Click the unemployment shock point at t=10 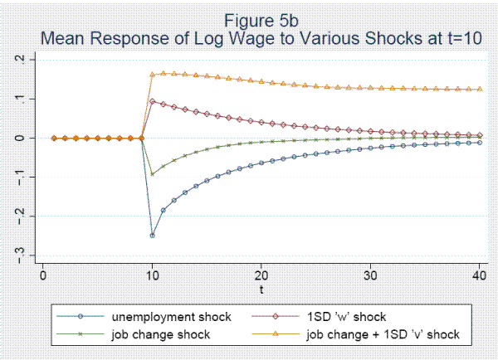coord(153,235)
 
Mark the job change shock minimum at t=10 coord(153,174)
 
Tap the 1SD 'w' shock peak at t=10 coord(153,101)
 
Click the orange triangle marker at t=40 coord(481,89)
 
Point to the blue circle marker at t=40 coord(481,143)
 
